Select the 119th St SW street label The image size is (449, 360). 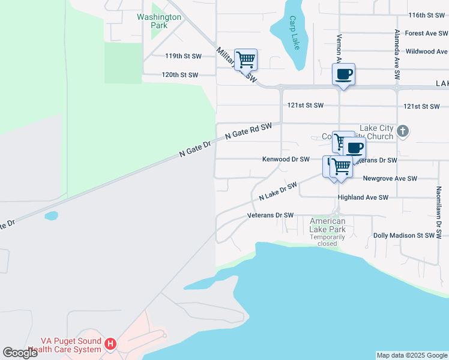pyautogui.click(x=183, y=56)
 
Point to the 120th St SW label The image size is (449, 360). pyautogui.click(x=179, y=75)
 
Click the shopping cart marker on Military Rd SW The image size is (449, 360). pyautogui.click(x=246, y=60)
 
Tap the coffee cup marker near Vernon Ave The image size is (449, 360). pyautogui.click(x=343, y=74)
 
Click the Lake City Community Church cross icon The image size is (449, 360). pyautogui.click(x=403, y=130)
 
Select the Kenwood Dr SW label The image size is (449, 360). pyautogui.click(x=286, y=160)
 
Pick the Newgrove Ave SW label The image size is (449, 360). pyautogui.click(x=390, y=178)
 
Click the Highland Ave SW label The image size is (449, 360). pyautogui.click(x=363, y=197)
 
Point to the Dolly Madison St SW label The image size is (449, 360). pyautogui.click(x=403, y=236)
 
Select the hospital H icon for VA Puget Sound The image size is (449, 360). pyautogui.click(x=110, y=344)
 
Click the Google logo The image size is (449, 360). pyautogui.click(x=20, y=352)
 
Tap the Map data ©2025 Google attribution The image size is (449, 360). pyautogui.click(x=412, y=355)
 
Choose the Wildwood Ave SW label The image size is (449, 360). pyautogui.click(x=427, y=52)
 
